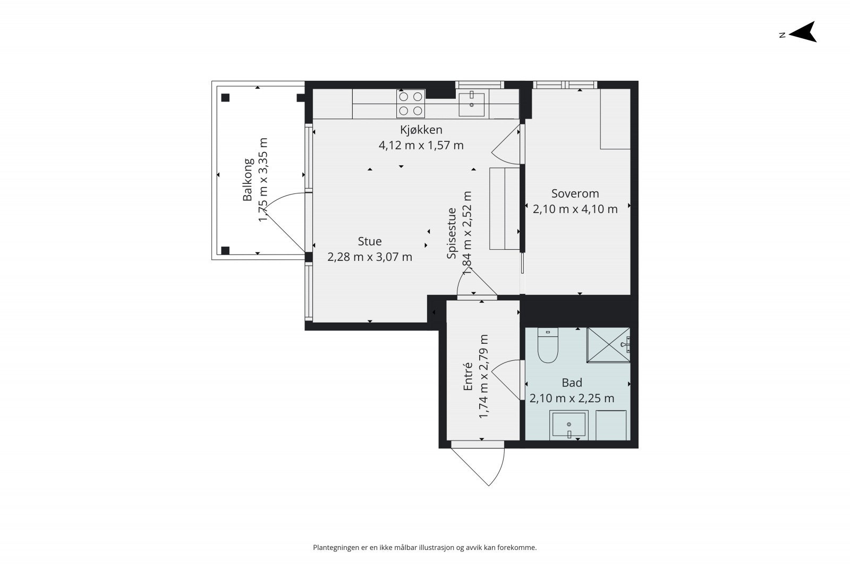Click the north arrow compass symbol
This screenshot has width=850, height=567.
click(803, 32)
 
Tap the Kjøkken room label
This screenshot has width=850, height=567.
click(421, 130)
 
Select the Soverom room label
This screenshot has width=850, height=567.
click(575, 193)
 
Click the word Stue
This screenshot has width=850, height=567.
click(370, 241)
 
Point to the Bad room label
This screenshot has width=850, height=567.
click(572, 383)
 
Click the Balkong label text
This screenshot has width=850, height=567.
click(248, 180)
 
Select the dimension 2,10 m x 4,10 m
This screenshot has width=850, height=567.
click(575, 209)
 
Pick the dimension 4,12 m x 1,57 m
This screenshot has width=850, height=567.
click(421, 146)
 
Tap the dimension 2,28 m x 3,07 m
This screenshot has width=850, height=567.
click(370, 257)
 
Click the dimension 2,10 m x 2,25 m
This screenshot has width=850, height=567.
click(572, 398)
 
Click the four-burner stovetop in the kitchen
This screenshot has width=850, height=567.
click(411, 104)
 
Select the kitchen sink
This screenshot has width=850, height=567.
click(472, 104)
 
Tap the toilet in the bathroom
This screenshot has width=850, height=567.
click(548, 345)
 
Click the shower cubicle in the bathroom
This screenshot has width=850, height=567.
click(608, 345)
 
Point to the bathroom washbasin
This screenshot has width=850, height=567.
click(569, 426)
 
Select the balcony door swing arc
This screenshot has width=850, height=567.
click(273, 199)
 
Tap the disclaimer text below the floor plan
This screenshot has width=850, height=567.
click(424, 548)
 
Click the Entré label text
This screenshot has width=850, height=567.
click(468, 376)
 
